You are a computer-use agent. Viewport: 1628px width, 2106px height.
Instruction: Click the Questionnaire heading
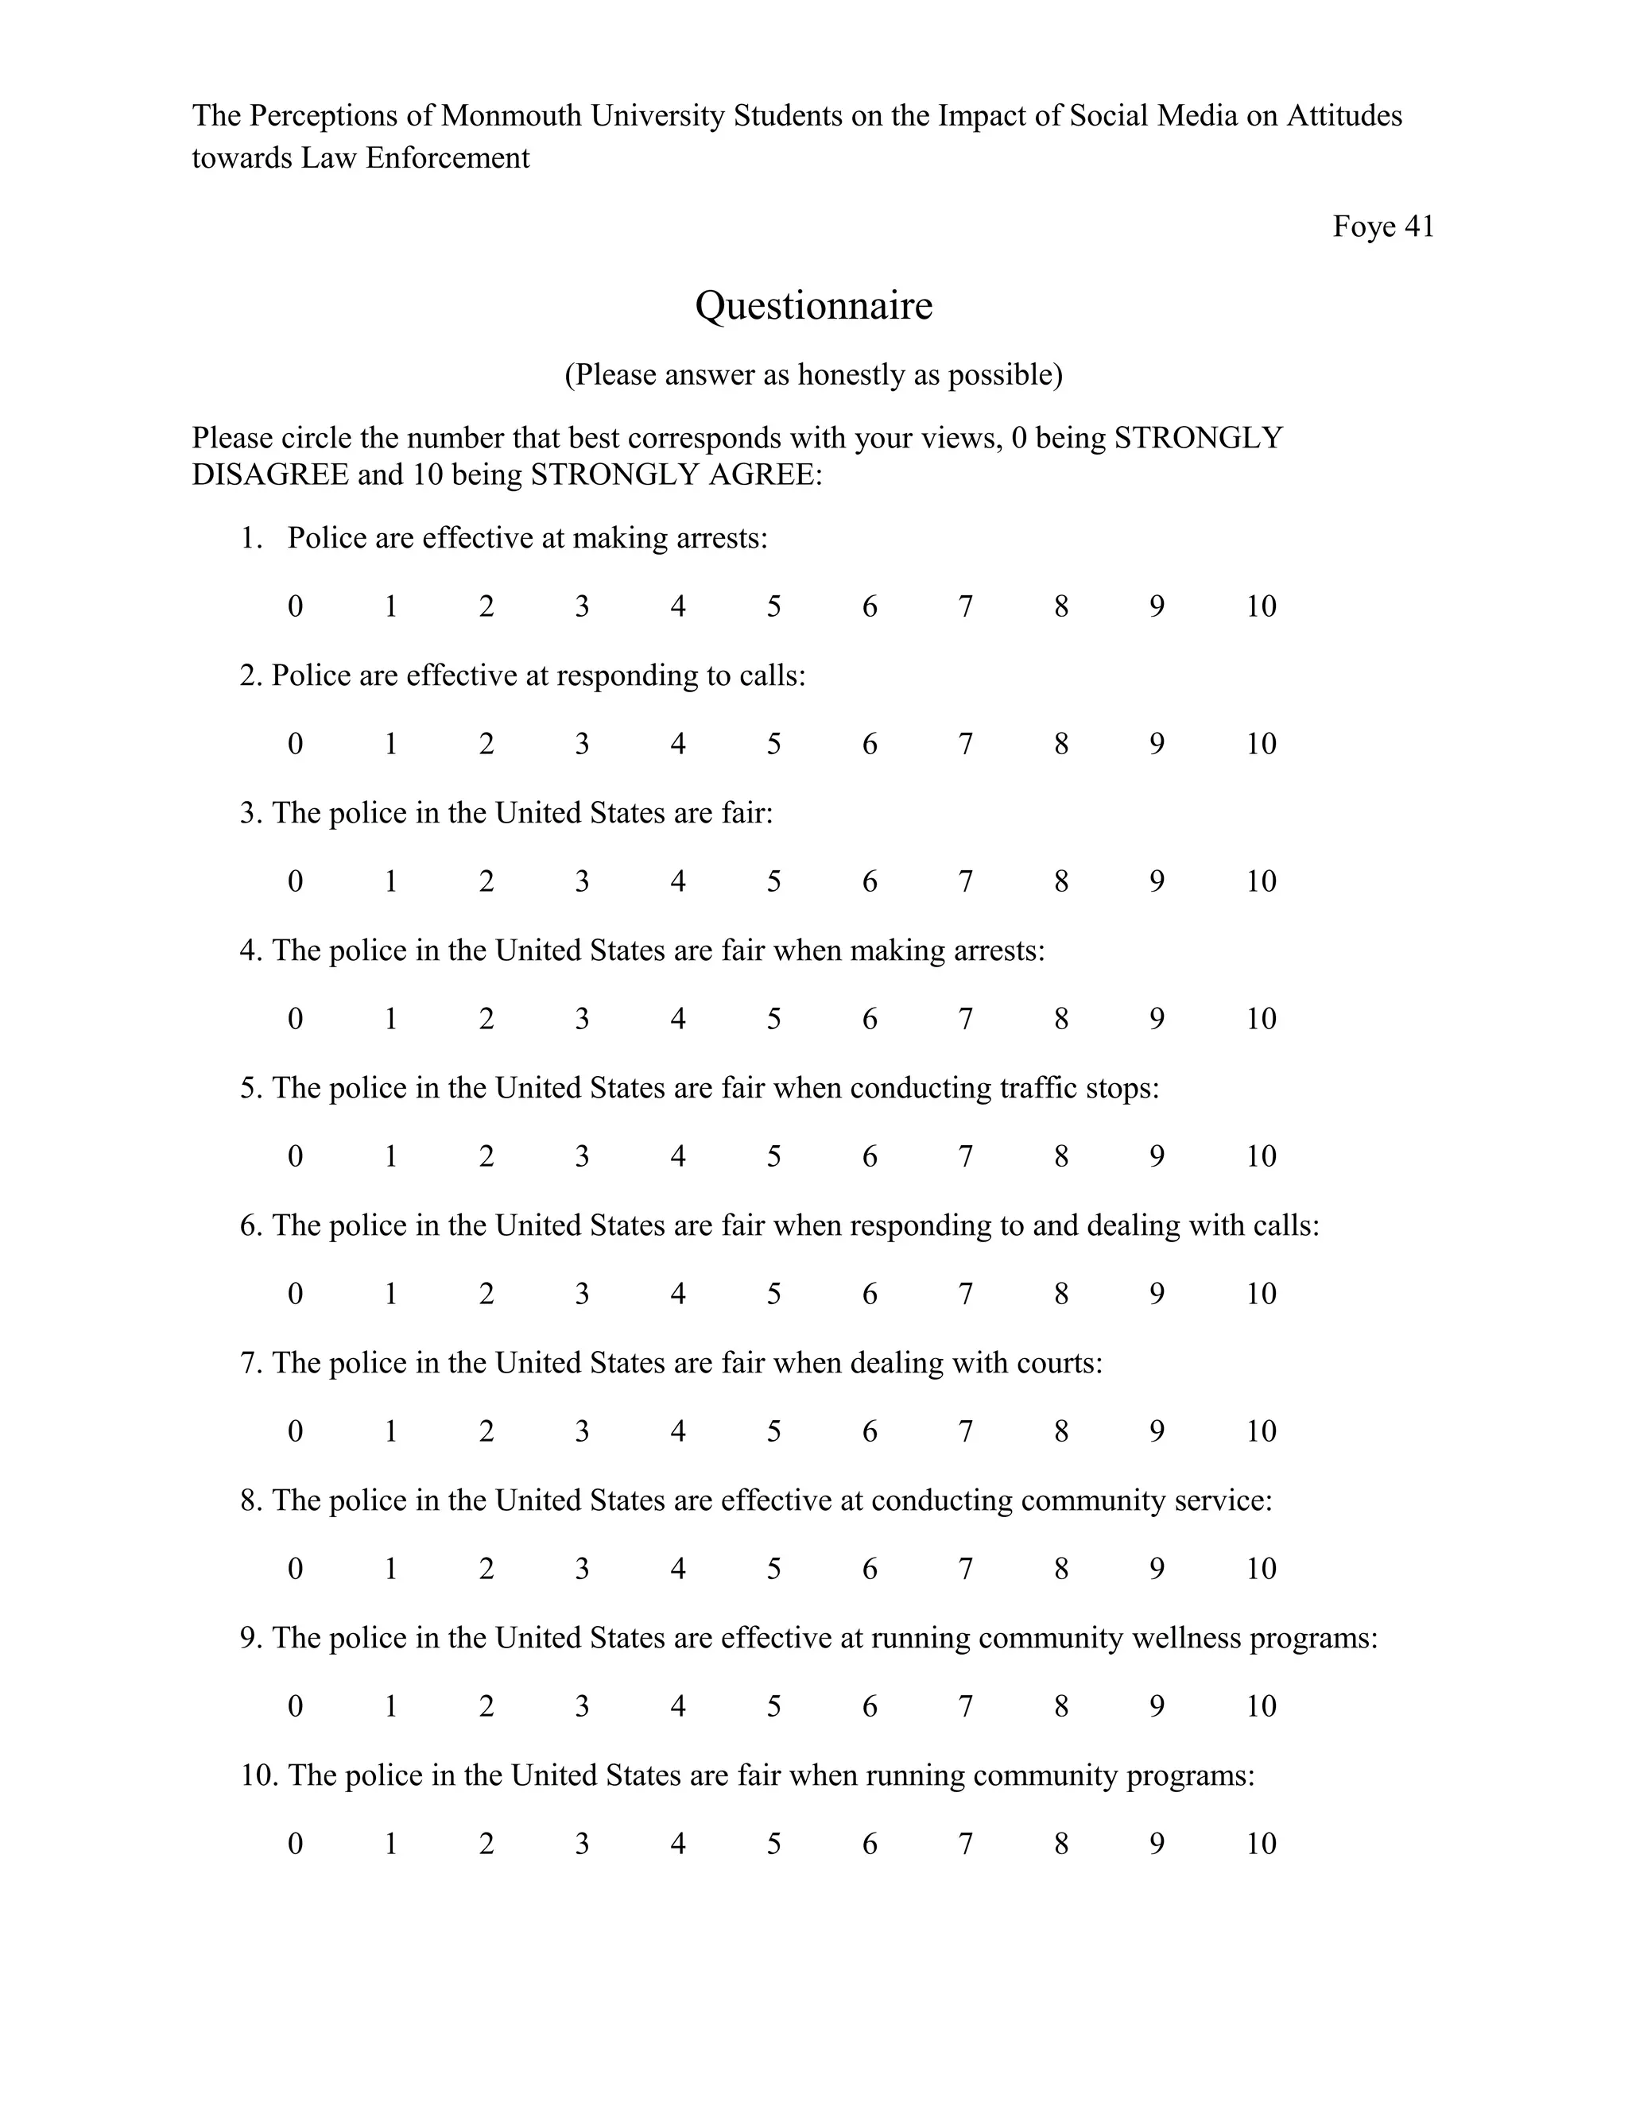(813, 306)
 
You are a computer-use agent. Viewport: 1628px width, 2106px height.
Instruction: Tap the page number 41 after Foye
(1419, 226)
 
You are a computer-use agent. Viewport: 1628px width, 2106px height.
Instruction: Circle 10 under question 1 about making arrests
(1261, 606)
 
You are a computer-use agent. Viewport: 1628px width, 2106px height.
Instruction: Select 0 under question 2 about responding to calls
(295, 744)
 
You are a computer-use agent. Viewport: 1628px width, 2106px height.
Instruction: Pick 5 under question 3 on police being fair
(773, 881)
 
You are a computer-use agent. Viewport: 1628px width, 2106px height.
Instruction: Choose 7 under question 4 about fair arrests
(965, 1020)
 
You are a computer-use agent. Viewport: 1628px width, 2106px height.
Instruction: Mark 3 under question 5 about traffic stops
(582, 1156)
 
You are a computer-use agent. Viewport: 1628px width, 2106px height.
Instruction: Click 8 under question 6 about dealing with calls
(1061, 1294)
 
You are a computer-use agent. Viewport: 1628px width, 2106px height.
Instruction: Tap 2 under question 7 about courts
(486, 1431)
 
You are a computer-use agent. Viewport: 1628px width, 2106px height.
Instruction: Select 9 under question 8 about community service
(1157, 1569)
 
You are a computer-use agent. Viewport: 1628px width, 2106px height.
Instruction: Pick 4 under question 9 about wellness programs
(678, 1707)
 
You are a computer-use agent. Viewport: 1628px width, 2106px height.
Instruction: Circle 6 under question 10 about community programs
(869, 1844)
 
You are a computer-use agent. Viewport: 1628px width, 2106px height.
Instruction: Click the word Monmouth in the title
(511, 116)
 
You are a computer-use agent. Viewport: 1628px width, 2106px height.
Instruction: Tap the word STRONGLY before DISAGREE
(1198, 438)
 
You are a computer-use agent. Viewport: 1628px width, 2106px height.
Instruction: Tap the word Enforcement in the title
(448, 158)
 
